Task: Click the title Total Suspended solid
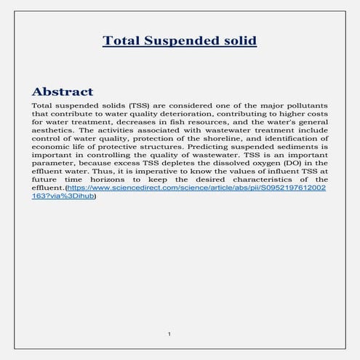pos(180,40)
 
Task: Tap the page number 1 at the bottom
pos(169,334)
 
